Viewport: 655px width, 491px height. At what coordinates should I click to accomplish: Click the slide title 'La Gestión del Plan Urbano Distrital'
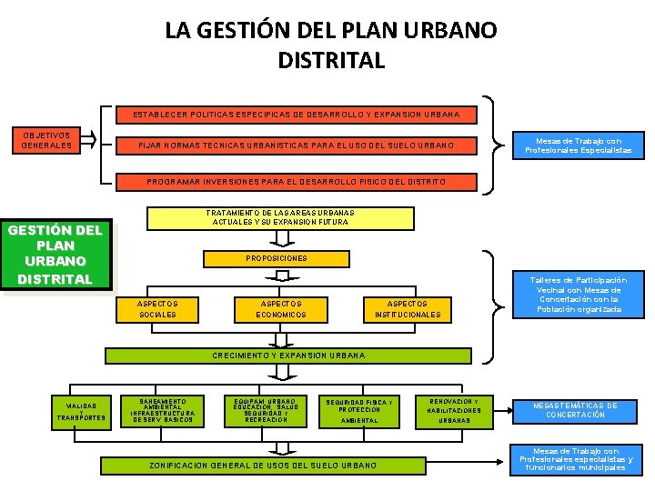coord(330,45)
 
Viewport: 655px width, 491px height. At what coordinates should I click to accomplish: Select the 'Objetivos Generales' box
coord(46,141)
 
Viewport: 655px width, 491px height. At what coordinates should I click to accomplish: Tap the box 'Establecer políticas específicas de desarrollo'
coord(297,115)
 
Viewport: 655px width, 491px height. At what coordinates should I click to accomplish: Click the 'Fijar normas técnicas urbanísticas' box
coord(297,145)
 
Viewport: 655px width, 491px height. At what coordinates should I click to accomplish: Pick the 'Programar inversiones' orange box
coord(297,182)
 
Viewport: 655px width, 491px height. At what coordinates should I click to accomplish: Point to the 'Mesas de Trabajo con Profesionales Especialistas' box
coord(578,145)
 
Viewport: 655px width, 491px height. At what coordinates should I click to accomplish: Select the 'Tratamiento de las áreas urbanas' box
coord(280,218)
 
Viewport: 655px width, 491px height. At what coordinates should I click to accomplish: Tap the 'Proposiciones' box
coord(277,258)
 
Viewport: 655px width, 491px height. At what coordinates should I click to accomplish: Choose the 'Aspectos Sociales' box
coord(157,309)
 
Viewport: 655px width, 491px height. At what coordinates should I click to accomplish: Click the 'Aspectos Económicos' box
coord(282,309)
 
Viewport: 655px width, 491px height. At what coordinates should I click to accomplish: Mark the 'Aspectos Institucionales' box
coord(408,309)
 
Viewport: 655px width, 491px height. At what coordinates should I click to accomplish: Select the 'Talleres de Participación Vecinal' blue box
coord(579,296)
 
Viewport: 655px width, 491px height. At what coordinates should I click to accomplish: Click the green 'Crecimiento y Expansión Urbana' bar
coord(288,356)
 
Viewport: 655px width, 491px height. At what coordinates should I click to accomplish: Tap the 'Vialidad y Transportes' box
coord(82,412)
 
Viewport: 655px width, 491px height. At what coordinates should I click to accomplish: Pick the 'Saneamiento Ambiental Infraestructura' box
coord(163,411)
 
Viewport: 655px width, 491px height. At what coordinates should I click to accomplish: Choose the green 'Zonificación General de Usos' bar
coord(263,466)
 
